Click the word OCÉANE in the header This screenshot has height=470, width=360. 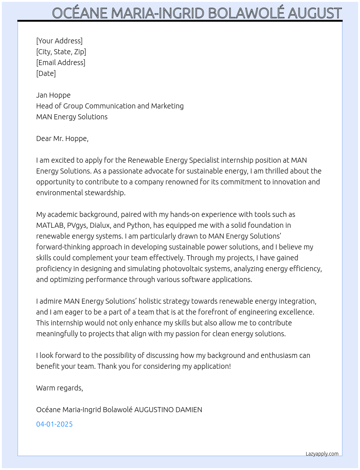80,13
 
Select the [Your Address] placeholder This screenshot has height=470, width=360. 59,41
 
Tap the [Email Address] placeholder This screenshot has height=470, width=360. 61,63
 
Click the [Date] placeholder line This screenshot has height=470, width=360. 46,73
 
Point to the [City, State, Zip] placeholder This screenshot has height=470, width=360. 61,52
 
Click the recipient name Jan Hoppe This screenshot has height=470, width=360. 53,95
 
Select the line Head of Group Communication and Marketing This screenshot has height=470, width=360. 110,106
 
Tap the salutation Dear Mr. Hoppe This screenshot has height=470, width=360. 62,138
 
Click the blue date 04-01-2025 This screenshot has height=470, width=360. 54,424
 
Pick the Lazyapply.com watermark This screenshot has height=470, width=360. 322,454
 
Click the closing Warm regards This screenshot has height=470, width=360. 59,388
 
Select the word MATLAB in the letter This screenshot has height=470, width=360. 50,225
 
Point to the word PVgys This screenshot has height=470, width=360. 77,225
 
